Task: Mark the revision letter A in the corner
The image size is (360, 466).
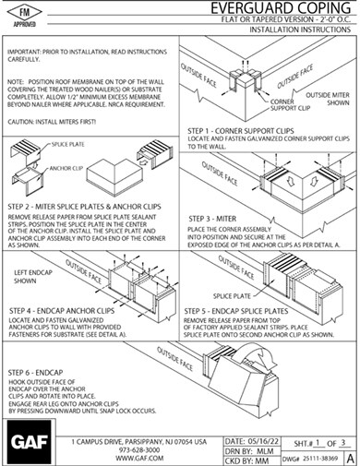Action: point(348,451)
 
